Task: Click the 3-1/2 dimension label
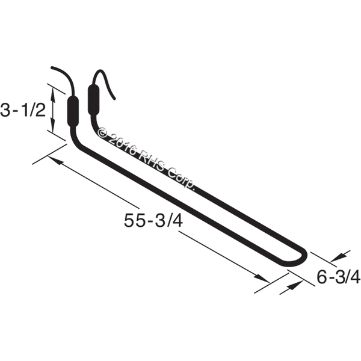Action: tap(23, 110)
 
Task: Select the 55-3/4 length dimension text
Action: tap(153, 220)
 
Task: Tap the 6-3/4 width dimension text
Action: tap(338, 277)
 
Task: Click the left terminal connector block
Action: tap(73, 111)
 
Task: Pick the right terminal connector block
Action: tap(93, 99)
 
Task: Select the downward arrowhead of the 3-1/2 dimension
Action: tap(53, 126)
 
